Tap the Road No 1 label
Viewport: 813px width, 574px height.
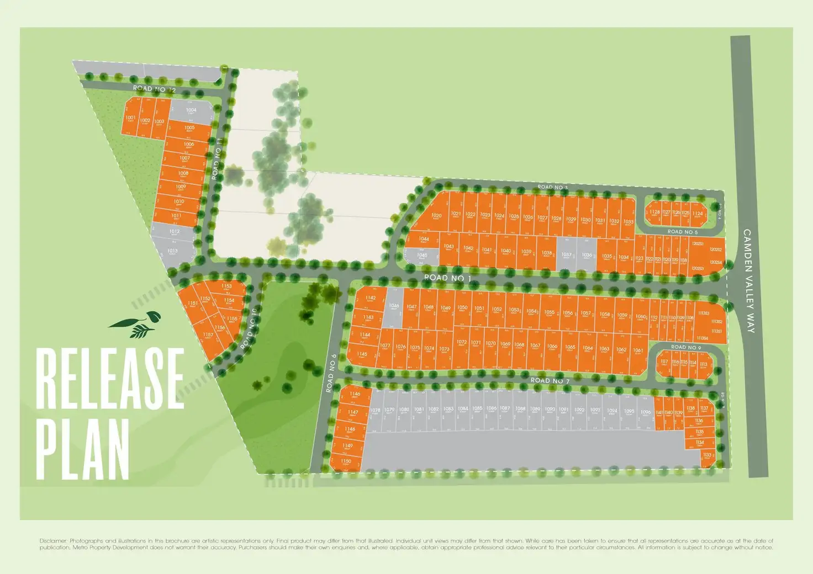click(447, 278)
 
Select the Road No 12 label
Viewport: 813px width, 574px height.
click(154, 89)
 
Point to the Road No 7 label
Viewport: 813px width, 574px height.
click(550, 380)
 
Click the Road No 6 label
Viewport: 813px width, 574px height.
click(331, 373)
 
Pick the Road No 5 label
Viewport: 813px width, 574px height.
click(682, 232)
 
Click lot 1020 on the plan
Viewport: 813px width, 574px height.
click(436, 216)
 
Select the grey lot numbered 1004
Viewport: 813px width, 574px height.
click(191, 111)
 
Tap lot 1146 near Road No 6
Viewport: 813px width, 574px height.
click(355, 395)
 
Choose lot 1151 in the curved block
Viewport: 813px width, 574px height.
click(193, 304)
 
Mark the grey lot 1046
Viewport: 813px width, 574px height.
click(394, 306)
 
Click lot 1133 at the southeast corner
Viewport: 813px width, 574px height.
click(707, 456)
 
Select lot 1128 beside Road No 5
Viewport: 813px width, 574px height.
click(654, 212)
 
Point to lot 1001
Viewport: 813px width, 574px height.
click(130, 118)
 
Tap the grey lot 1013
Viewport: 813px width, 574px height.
click(172, 252)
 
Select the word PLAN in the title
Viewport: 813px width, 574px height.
click(83, 448)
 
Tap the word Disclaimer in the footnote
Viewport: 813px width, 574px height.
click(53, 541)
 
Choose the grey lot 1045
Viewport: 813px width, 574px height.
click(422, 256)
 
